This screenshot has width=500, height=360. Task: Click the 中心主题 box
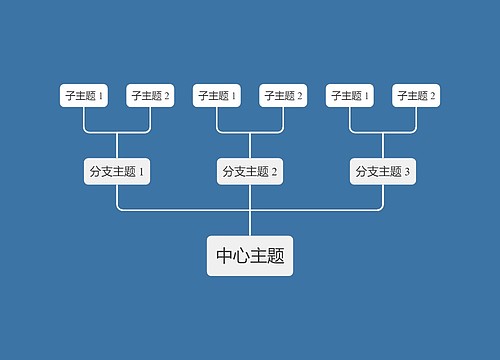point(250,256)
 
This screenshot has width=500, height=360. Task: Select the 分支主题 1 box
point(117,171)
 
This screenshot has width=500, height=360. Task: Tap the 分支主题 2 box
point(250,171)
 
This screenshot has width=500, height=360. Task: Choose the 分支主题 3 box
point(383,171)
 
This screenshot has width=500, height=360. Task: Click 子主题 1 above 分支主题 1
point(84,96)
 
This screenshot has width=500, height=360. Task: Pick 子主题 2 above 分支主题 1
point(150,96)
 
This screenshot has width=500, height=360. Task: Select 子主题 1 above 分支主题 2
point(217,96)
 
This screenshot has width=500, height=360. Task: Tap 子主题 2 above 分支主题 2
point(283,96)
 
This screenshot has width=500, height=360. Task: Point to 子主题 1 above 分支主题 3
point(350,96)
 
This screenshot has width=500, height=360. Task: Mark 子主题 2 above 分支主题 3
point(416,96)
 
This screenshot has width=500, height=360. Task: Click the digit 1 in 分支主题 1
point(141,172)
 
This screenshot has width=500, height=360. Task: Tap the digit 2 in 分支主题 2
point(274,172)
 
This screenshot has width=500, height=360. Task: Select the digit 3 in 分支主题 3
point(407,172)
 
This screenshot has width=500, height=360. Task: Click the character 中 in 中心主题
point(225,256)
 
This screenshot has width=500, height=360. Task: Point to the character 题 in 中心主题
point(276,256)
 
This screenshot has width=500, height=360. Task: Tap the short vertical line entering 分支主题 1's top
point(117,144)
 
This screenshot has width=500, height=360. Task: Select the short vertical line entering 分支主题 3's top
point(383,144)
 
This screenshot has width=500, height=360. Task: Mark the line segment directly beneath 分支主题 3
point(383,196)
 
